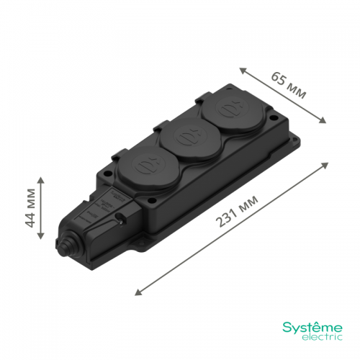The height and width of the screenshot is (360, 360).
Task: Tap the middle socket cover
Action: click(192, 137)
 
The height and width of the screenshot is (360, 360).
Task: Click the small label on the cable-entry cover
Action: click(118, 197)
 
